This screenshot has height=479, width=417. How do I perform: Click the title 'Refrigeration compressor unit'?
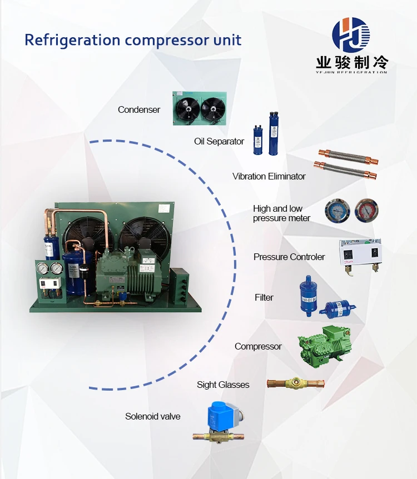pos(133,41)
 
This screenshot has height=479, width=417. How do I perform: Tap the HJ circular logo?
pos(351,36)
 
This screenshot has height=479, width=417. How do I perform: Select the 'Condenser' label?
pos(139,109)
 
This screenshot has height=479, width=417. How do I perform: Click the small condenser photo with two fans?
pos(200,108)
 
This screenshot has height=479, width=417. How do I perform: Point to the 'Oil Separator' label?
pos(219,141)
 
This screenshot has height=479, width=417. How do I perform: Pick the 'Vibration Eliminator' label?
pos(269,176)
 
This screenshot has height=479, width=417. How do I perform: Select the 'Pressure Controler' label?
pos(289,257)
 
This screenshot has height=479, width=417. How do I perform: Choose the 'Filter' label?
pos(264,297)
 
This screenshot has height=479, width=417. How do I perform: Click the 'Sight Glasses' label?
pos(223,385)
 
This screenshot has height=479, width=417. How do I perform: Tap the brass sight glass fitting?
pos(296,383)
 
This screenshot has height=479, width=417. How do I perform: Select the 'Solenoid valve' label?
pos(153,416)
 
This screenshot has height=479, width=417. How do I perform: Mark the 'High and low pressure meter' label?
pos(282,213)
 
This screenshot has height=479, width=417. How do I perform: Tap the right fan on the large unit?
pos(141,236)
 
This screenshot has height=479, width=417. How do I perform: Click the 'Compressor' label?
pos(258,346)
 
